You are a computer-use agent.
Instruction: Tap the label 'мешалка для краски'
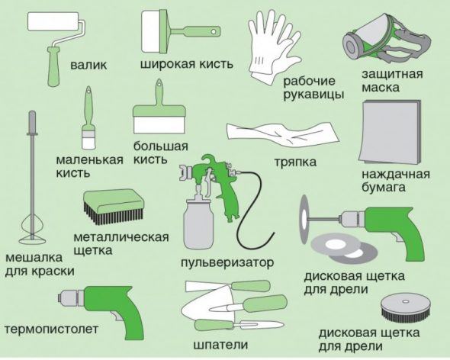point(40,264)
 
